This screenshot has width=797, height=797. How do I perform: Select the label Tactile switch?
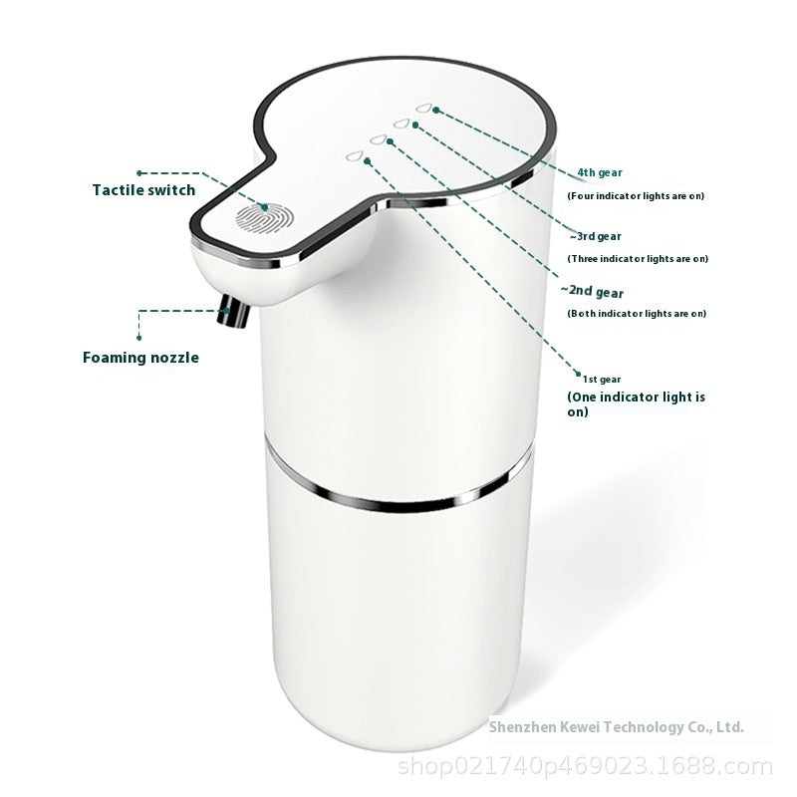click(144, 189)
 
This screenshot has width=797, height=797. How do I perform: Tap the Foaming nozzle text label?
click(140, 357)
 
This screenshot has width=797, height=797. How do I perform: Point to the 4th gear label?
click(600, 172)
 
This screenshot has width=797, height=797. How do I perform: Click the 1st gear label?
click(602, 379)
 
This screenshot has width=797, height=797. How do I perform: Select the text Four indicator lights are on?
click(636, 195)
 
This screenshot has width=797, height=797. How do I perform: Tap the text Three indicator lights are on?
click(638, 258)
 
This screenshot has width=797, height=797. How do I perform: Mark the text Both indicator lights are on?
click(637, 313)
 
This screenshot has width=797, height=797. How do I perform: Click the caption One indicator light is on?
click(636, 403)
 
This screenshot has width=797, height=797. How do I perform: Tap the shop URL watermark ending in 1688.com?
click(585, 767)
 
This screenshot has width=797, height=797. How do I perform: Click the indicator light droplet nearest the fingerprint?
click(354, 156)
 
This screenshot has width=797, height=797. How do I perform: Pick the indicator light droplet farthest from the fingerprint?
click(427, 108)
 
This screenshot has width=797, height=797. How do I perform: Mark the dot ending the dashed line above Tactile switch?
click(139, 172)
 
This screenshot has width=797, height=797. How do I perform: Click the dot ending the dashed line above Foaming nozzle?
click(139, 313)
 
